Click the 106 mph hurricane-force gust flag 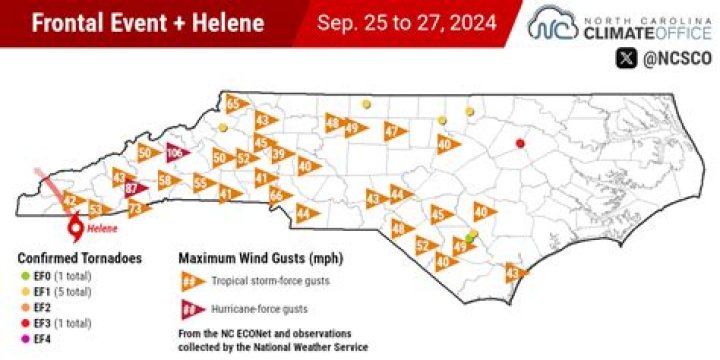(176, 152)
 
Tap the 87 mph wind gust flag (133, 188)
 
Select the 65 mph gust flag (235, 104)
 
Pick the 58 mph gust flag (167, 180)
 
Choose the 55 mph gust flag (203, 183)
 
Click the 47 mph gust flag (394, 131)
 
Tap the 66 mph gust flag (277, 194)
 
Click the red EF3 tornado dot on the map (520, 144)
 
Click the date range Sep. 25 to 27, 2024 (409, 22)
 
